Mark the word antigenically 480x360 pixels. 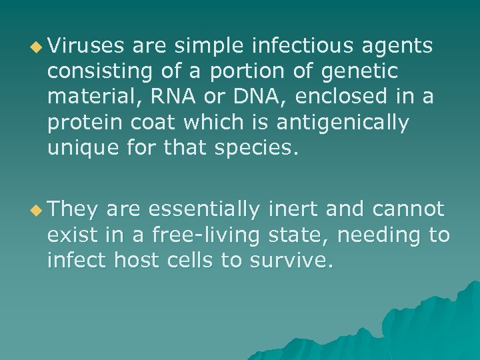pyautogui.click(x=351, y=122)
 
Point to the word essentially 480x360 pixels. pyautogui.click(x=204, y=209)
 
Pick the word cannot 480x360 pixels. pyautogui.click(x=407, y=209)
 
